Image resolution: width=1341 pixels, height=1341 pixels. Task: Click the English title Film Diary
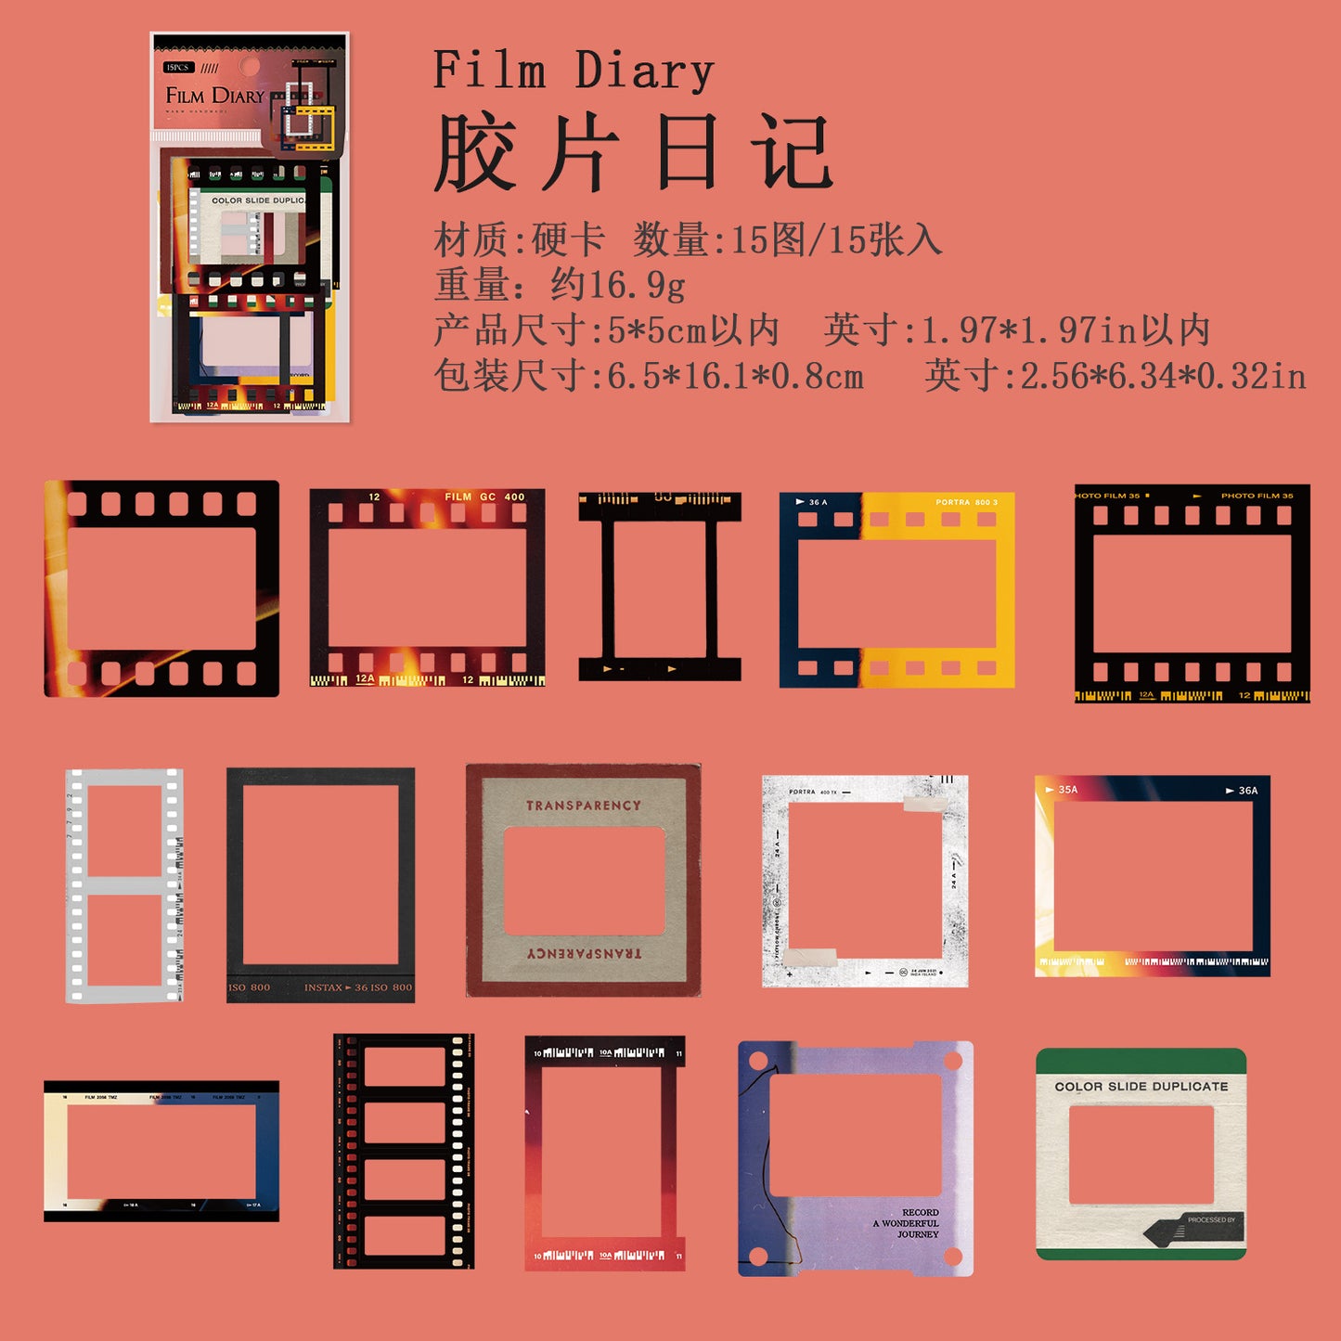click(x=574, y=71)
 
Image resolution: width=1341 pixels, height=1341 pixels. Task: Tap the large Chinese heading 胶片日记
click(x=633, y=152)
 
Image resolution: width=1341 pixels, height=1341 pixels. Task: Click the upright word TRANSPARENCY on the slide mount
click(x=584, y=806)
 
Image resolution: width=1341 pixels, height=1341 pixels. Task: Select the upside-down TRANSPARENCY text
click(x=584, y=953)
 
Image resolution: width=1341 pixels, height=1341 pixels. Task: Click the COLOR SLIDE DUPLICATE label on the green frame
click(x=1141, y=1086)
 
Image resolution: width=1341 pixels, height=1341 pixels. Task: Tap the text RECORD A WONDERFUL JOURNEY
click(x=908, y=1223)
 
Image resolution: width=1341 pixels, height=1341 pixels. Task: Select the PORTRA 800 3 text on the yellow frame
click(x=966, y=502)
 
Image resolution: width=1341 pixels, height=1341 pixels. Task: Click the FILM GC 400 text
click(x=484, y=496)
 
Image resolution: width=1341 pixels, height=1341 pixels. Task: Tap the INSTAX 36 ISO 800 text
click(x=358, y=987)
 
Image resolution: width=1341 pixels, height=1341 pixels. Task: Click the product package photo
click(x=250, y=227)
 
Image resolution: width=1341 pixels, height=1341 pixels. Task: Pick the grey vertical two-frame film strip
click(x=124, y=885)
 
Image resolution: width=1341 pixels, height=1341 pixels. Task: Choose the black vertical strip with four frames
click(x=404, y=1151)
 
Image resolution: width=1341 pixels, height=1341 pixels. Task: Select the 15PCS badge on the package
click(x=177, y=68)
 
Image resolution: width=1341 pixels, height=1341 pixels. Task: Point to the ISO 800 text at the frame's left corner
click(x=250, y=987)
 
